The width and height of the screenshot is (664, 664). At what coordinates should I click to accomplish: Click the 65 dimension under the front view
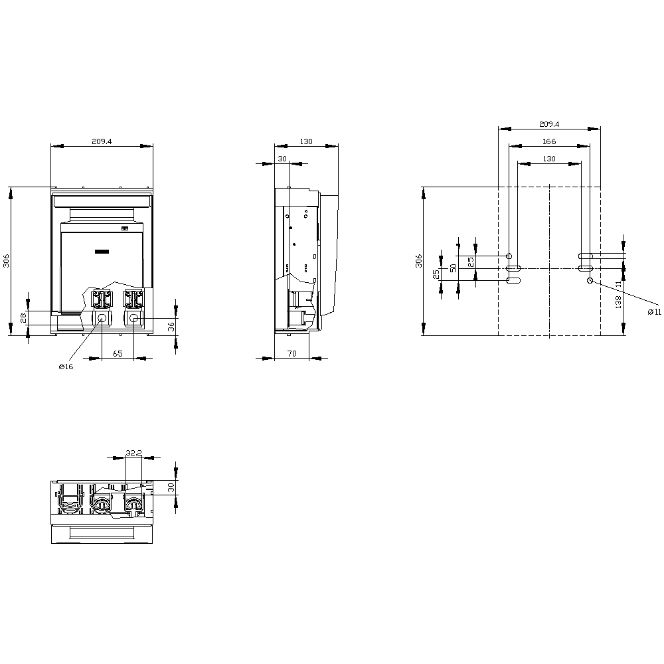(x=118, y=354)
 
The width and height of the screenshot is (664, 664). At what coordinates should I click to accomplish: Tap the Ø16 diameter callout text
(x=65, y=367)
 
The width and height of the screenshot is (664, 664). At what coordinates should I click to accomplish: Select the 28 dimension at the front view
(x=23, y=318)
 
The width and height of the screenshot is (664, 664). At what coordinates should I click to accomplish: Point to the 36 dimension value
(x=171, y=327)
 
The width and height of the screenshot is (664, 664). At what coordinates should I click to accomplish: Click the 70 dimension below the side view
(x=291, y=354)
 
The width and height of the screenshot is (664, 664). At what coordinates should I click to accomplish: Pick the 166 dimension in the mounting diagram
(x=548, y=141)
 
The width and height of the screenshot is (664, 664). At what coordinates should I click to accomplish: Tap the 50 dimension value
(x=454, y=268)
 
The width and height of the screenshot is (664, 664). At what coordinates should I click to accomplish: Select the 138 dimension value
(x=618, y=302)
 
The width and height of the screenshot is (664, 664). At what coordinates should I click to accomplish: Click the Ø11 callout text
(x=655, y=311)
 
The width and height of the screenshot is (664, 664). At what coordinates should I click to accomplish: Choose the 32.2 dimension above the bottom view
(x=133, y=453)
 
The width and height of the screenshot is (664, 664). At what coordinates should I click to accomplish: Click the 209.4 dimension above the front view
(x=102, y=141)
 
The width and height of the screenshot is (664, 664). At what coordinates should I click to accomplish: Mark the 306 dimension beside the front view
(x=6, y=261)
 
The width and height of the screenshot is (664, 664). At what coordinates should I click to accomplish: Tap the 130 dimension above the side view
(x=306, y=141)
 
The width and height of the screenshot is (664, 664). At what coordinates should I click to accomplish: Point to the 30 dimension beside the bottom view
(x=171, y=487)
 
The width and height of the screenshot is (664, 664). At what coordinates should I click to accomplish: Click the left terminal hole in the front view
(x=102, y=319)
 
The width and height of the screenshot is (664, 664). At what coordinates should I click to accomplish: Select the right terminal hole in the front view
(x=133, y=319)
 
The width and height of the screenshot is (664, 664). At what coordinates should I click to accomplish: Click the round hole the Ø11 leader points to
(x=590, y=281)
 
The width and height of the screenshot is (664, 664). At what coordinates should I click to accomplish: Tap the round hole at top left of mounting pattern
(x=509, y=256)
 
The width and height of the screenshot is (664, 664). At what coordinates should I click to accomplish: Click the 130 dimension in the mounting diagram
(x=549, y=159)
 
